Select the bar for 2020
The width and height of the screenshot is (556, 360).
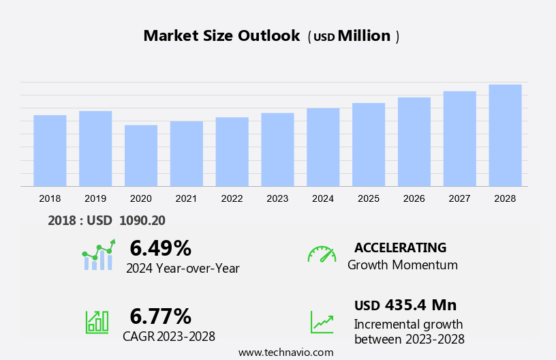[x=141, y=155]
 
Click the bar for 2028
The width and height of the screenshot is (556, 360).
[x=505, y=135]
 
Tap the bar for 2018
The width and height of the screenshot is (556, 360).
[x=50, y=151]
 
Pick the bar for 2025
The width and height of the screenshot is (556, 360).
[x=369, y=145]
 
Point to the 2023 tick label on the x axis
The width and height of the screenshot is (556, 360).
[x=277, y=198]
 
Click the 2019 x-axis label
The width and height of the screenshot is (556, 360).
[x=95, y=198]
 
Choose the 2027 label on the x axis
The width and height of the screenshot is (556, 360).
[x=459, y=198]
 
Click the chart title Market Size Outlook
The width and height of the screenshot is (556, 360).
[x=221, y=36]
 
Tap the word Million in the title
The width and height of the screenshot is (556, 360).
[x=364, y=36]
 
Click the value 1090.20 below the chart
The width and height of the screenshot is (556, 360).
[x=142, y=220]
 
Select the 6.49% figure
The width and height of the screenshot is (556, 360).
[x=160, y=247]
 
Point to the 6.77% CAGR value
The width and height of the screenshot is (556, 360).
[x=160, y=316]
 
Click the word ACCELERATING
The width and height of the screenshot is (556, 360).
[x=400, y=247]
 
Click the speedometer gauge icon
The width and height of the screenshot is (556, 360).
[x=322, y=254]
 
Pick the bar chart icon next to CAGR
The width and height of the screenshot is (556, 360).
[x=97, y=321]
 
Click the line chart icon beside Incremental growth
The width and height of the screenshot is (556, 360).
[x=322, y=322]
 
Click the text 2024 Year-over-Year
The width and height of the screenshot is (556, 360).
[x=183, y=269]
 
